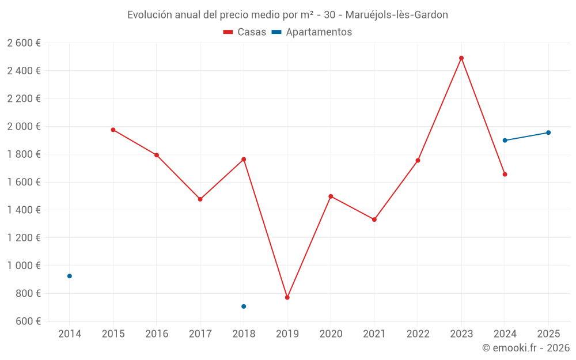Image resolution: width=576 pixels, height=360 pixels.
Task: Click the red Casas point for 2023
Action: click(461, 58)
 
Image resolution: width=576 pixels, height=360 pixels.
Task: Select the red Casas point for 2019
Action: click(287, 298)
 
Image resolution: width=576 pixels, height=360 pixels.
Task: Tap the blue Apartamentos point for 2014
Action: click(70, 276)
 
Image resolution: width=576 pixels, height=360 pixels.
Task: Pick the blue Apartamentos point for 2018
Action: click(244, 306)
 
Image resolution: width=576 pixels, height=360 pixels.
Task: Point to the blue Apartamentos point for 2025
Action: click(548, 132)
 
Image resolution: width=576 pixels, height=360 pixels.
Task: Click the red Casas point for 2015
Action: click(113, 130)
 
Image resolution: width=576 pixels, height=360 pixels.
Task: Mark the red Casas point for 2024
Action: click(505, 174)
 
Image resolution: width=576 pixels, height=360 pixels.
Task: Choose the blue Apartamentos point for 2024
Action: click(505, 141)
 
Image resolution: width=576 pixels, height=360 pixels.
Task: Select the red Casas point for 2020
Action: click(331, 196)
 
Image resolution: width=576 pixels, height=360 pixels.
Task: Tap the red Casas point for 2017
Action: click(200, 199)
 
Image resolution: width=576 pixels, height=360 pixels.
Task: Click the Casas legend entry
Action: click(245, 32)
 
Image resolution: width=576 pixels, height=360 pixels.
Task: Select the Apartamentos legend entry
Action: click(312, 32)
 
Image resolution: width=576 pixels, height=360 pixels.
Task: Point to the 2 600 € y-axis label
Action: click(24, 43)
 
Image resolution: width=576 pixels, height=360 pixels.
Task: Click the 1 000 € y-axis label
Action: click(24, 266)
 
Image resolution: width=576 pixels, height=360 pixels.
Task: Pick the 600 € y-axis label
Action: click(27, 321)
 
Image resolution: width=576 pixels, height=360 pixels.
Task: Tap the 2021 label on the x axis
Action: click(374, 334)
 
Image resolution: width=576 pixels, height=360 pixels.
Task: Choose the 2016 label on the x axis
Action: click(157, 334)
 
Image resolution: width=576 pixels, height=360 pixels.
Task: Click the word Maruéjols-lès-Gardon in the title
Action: click(397, 15)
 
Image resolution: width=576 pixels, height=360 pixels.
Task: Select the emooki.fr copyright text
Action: click(526, 348)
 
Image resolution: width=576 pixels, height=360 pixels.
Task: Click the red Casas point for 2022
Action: click(418, 160)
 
